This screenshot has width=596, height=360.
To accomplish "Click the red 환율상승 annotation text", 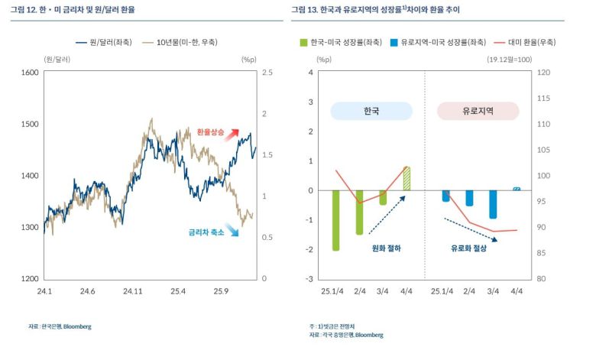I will point(210,133).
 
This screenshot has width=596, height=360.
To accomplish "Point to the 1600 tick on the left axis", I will point(30,73).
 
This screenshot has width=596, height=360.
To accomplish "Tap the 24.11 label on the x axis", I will point(133,291).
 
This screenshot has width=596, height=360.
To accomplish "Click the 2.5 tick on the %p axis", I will point(267,73).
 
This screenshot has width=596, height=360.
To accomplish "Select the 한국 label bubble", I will point(371,111).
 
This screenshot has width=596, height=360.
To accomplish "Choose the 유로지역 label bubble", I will point(478,111).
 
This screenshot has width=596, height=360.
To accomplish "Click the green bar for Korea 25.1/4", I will point(335,220).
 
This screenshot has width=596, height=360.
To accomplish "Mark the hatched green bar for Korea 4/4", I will point(407,178).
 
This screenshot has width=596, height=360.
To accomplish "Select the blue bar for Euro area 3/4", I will point(493,204).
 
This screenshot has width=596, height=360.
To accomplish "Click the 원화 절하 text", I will point(386,248).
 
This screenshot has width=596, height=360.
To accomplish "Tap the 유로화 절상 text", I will point(468,248).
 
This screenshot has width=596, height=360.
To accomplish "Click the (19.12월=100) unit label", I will point(509,59).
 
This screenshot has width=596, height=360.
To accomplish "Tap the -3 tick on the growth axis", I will point(309,279).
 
